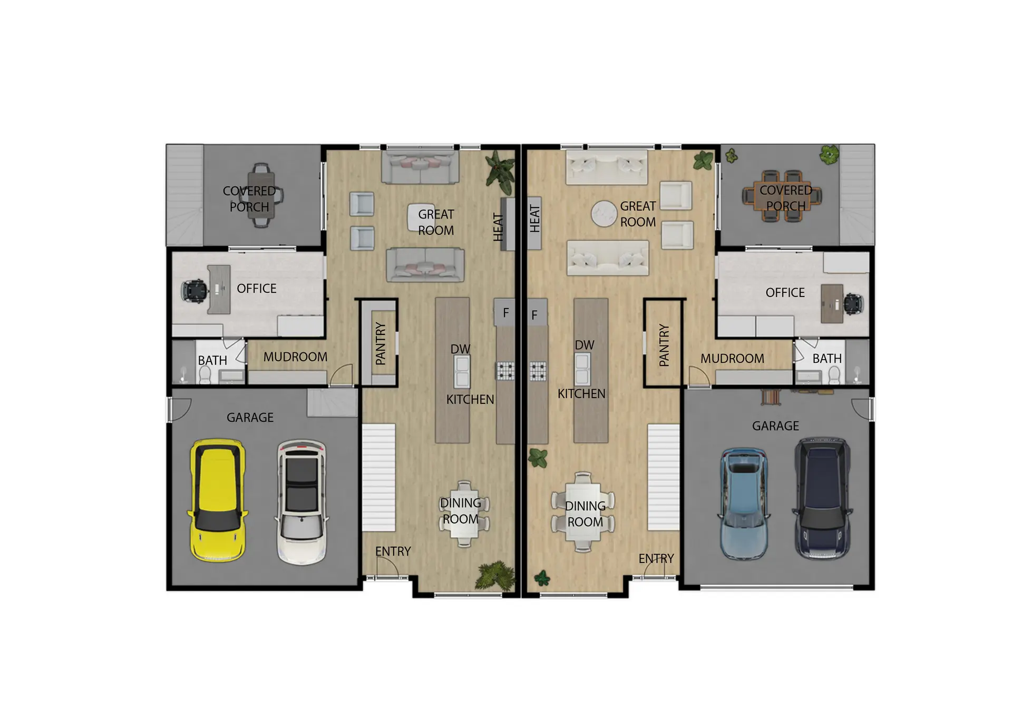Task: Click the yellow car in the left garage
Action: [217, 500]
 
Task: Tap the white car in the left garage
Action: [301, 502]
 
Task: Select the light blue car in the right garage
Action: [744, 503]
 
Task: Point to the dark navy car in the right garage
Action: [822, 498]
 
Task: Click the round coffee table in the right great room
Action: [604, 214]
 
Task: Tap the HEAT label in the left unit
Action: [498, 227]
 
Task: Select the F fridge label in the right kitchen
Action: [534, 315]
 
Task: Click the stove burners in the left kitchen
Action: [505, 371]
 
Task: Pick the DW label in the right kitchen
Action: [585, 345]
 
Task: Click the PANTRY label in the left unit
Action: [381, 344]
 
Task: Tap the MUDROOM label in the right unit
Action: [732, 359]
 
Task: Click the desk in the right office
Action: [832, 303]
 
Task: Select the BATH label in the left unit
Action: [212, 361]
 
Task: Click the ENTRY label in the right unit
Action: [656, 558]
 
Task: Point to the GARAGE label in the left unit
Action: [250, 418]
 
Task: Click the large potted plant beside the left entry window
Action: [495, 575]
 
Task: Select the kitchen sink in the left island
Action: [462, 371]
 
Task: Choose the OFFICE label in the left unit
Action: [257, 289]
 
